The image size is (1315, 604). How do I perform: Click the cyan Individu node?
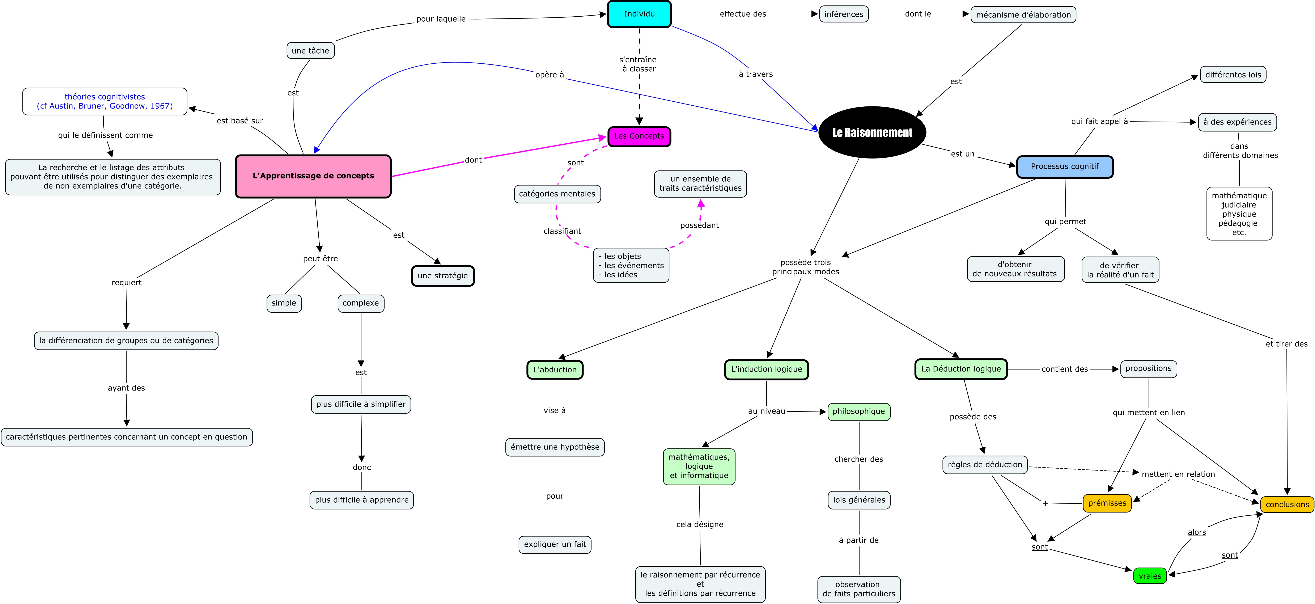click(639, 14)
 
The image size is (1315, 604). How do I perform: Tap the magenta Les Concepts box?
click(639, 136)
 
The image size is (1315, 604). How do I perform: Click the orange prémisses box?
click(1107, 503)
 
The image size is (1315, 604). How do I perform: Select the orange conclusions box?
click(1287, 504)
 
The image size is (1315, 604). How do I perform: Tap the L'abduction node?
click(555, 370)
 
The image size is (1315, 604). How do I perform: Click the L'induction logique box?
click(766, 369)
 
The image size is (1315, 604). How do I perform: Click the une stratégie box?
click(443, 276)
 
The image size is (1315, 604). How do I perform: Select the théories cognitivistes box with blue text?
click(105, 102)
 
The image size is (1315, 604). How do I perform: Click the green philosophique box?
click(859, 411)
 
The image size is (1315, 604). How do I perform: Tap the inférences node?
click(844, 14)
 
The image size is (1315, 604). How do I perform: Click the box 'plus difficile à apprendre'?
click(361, 500)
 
